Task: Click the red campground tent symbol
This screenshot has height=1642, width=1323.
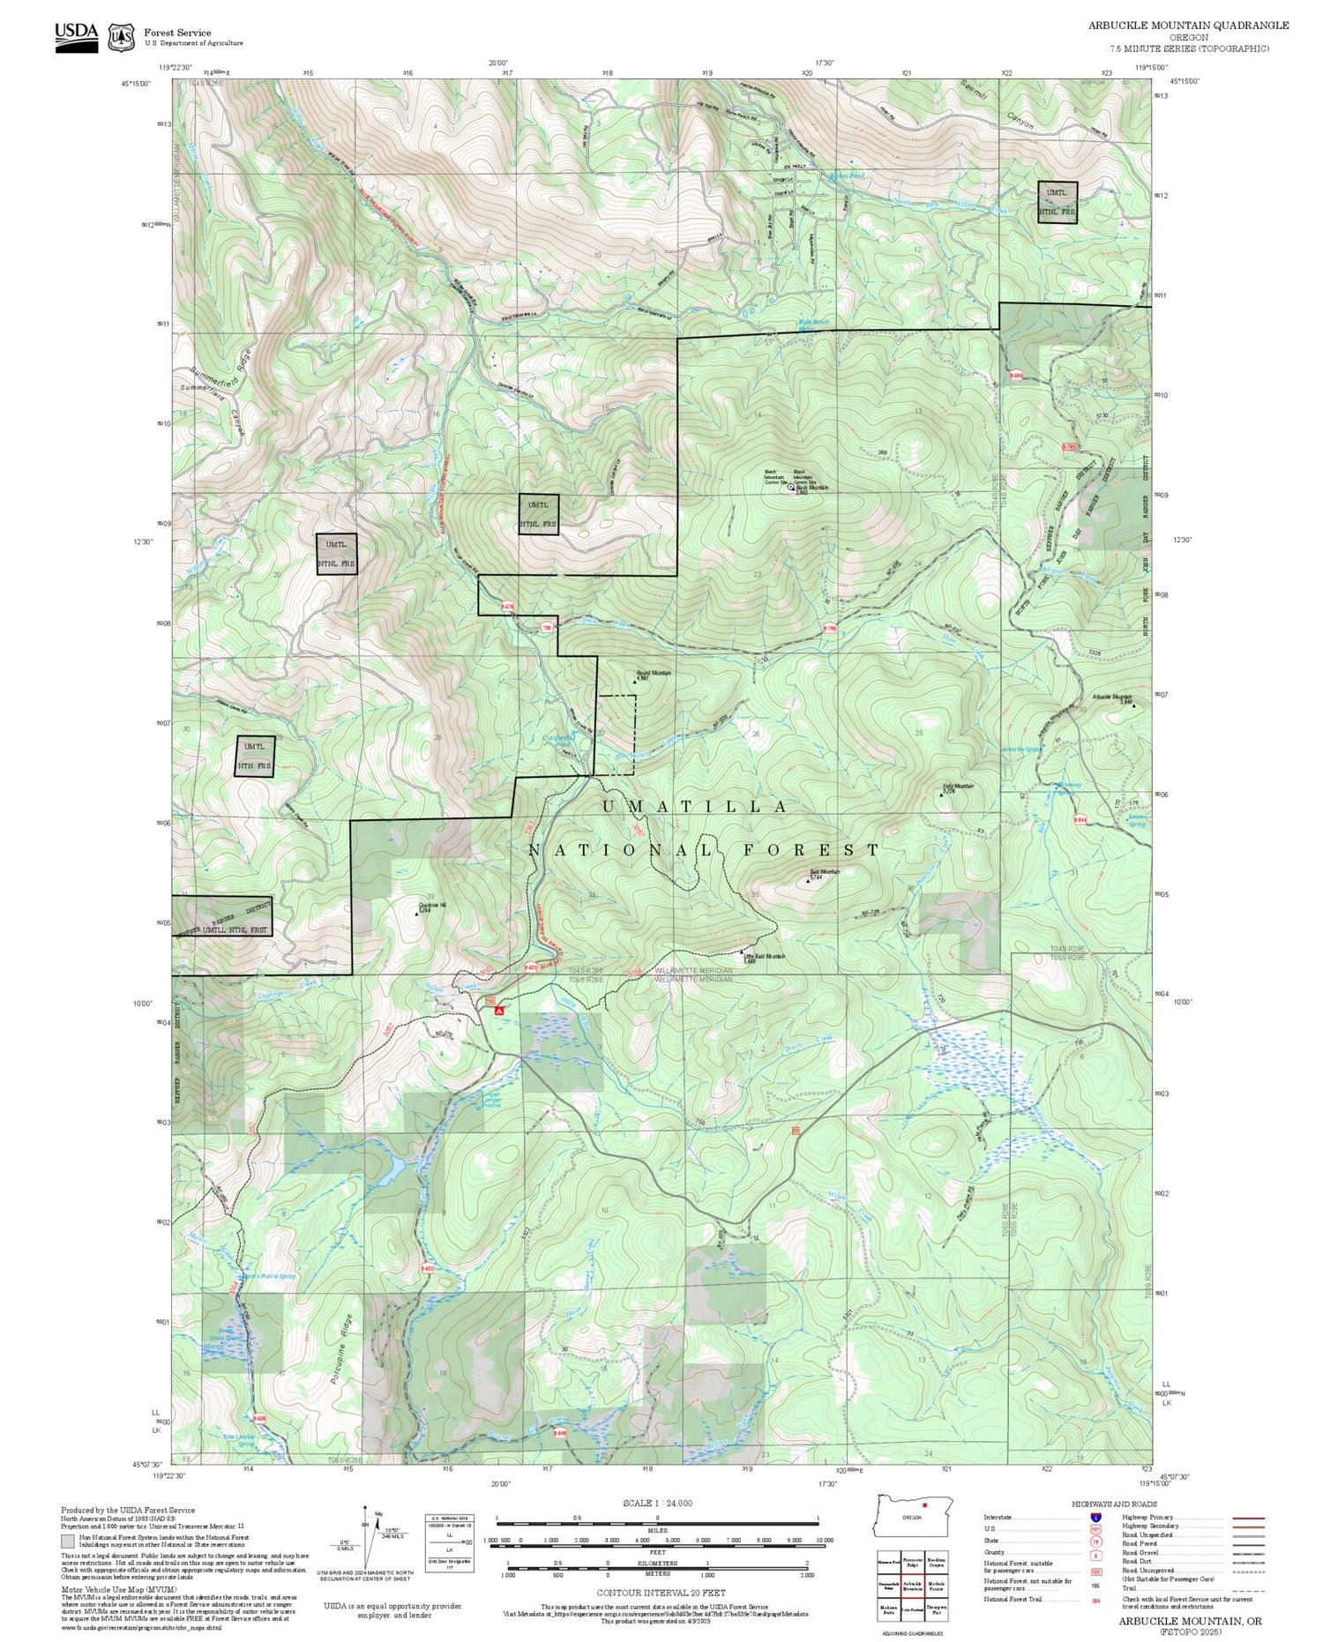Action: tap(498, 1011)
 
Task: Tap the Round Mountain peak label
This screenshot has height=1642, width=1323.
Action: tap(654, 673)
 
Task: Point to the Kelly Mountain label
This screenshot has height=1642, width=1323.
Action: tap(958, 786)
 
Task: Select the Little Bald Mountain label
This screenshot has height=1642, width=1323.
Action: tap(764, 957)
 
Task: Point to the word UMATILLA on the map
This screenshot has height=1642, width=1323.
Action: tap(694, 807)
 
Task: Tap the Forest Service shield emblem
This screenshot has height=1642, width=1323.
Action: tap(121, 37)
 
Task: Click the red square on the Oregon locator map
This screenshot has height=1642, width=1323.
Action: tap(924, 1504)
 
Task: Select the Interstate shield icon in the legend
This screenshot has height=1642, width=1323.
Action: tap(1095, 1517)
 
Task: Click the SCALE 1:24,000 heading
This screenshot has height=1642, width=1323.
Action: tap(657, 1503)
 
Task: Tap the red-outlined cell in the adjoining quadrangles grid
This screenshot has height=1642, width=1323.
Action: tap(913, 1586)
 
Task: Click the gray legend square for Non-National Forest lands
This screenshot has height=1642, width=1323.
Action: tap(68, 1541)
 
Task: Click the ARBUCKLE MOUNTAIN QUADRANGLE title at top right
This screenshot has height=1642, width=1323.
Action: tap(1188, 26)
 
